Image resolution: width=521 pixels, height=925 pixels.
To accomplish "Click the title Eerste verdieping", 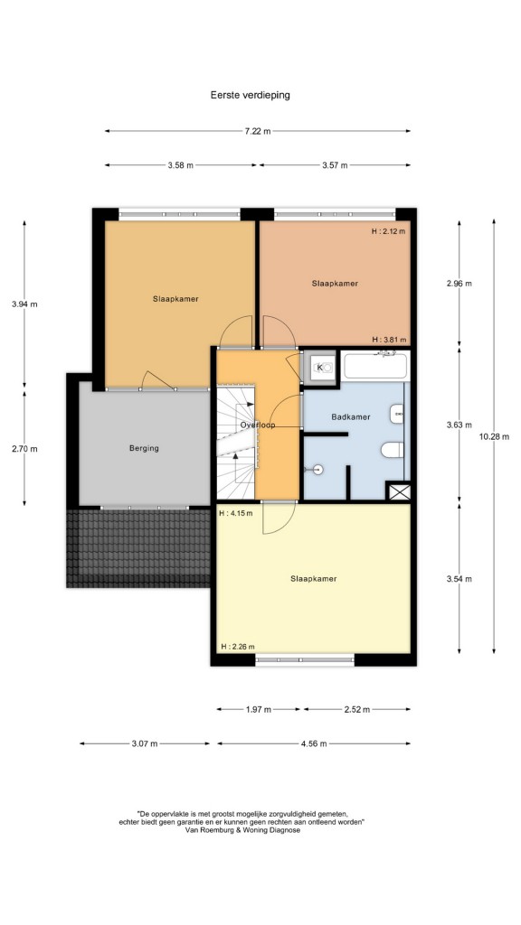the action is [250, 94].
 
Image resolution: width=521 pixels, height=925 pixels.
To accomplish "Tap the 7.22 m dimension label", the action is [258, 131].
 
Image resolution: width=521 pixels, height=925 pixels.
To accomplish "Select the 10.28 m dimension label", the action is [494, 437].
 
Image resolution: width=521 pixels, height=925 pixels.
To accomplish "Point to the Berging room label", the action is [144, 448].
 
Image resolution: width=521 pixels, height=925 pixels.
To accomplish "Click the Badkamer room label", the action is [351, 417].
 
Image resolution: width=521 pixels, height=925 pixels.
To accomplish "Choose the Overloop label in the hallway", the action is [258, 425].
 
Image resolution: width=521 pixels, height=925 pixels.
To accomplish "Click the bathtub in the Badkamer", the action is [375, 366].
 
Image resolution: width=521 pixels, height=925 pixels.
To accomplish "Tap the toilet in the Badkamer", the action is [393, 451].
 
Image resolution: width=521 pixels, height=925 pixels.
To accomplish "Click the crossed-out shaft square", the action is [396, 491].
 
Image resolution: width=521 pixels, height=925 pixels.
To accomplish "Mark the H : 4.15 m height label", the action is [236, 513].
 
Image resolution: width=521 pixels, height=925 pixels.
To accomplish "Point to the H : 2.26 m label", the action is [238, 647].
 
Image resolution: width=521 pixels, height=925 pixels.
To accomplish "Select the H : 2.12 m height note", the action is [389, 231].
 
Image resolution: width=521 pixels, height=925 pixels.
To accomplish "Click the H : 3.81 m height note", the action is [389, 340].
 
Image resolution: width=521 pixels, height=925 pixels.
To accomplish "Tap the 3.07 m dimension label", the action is [145, 744].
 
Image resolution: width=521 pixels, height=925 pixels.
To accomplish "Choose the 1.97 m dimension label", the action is [258, 710].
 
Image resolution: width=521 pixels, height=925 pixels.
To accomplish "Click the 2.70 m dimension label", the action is [24, 449].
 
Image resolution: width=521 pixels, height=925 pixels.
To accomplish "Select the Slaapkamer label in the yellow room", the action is [314, 579].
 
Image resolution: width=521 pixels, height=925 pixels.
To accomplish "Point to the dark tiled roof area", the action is [138, 548].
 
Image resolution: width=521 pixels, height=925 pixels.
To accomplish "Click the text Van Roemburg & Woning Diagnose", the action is [242, 830].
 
